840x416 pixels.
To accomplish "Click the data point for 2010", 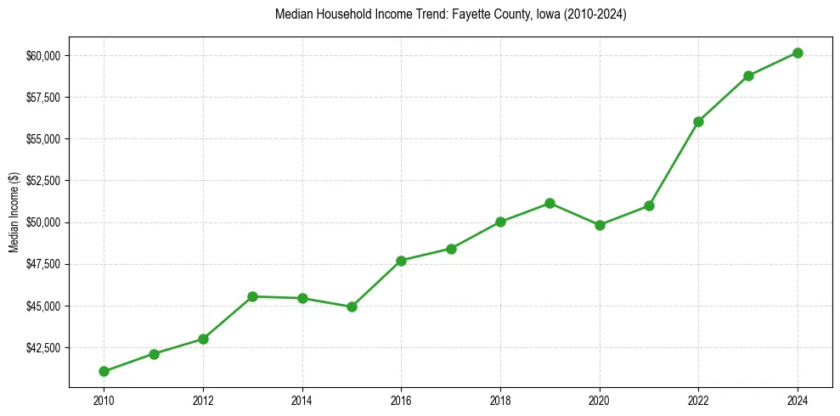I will pos(104,371).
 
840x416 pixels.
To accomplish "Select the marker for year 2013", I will pos(252,296).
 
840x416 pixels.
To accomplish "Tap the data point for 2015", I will pos(352,306).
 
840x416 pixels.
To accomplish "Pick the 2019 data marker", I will pos(550,203).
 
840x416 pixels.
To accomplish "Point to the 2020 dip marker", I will pos(600,225).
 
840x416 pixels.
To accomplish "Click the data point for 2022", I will pos(698,121).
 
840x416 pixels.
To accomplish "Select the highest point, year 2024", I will pos(798,53).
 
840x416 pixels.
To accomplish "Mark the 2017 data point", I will pos(451,249).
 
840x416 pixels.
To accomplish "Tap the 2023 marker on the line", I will pos(748,76).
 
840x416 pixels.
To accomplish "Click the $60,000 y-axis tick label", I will pos(42,56).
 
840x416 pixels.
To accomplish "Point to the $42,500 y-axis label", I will pos(42,348).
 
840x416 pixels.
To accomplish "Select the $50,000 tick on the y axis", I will pos(42,222).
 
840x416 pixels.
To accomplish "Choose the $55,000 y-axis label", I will pos(42,139).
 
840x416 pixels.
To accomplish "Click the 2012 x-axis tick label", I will pos(203,400).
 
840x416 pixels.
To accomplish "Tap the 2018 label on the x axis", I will pos(500,400).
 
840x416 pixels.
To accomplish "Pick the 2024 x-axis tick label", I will pos(798,400).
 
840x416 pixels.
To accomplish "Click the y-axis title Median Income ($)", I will pos(14,218).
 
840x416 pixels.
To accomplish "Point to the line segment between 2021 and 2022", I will pos(674,163).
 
